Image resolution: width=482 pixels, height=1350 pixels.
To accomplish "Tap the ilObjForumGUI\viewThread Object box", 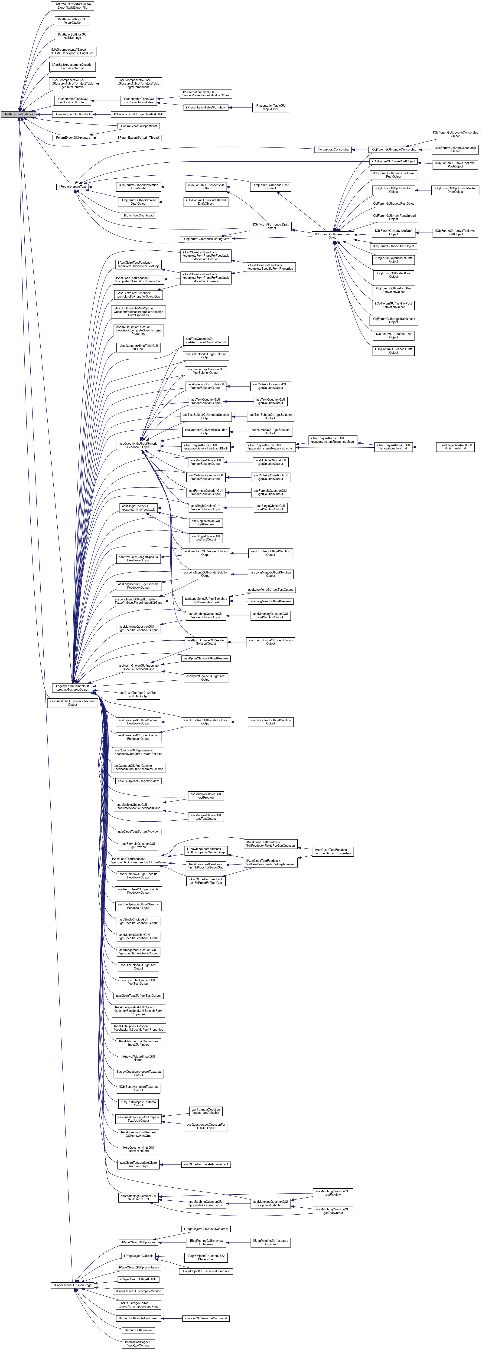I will click(333, 236).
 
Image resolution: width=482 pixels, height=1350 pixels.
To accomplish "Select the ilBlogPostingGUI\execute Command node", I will click(270, 1242).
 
